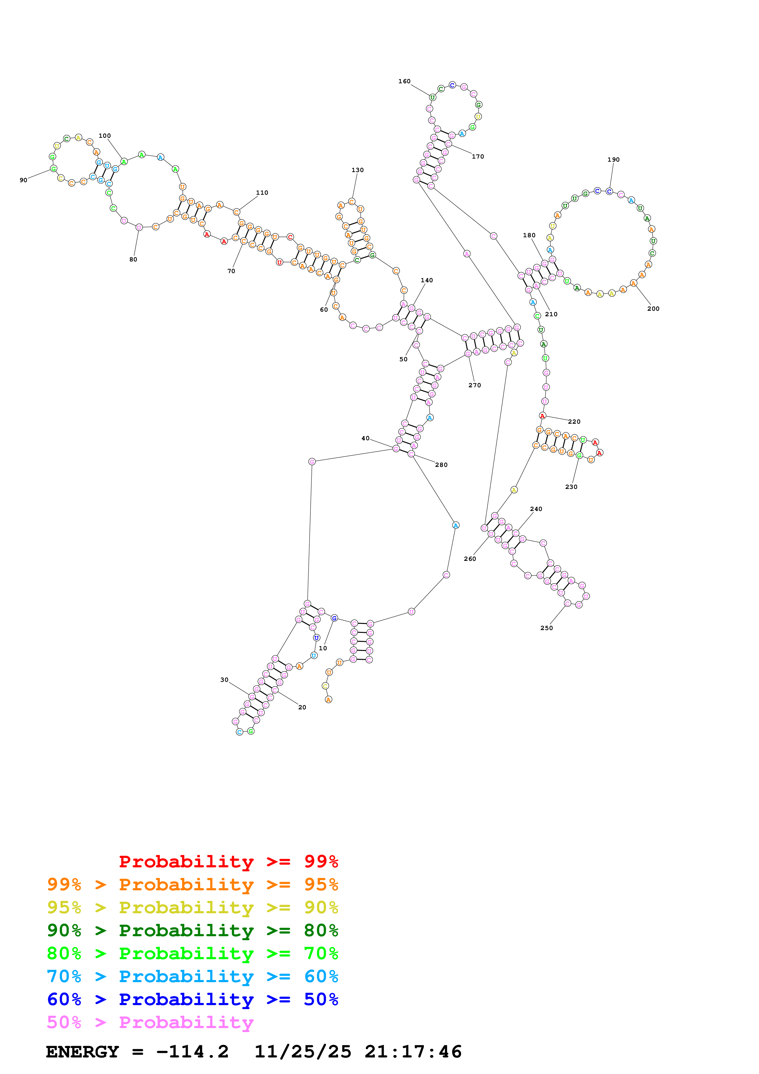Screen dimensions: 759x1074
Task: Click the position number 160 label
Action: click(404, 81)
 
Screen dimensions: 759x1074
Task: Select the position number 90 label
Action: click(23, 180)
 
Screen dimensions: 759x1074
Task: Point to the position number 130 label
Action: click(357, 170)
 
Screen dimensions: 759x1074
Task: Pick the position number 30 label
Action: click(224, 680)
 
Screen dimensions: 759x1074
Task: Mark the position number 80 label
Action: click(133, 259)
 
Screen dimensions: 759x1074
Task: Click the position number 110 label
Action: click(262, 192)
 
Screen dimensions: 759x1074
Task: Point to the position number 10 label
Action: click(323, 648)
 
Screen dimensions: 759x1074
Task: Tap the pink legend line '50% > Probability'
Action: click(150, 1022)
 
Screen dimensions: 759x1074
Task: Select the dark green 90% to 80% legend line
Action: click(192, 930)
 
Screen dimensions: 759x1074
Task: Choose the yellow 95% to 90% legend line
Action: click(192, 907)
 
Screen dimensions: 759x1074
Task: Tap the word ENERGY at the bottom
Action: click(82, 1052)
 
